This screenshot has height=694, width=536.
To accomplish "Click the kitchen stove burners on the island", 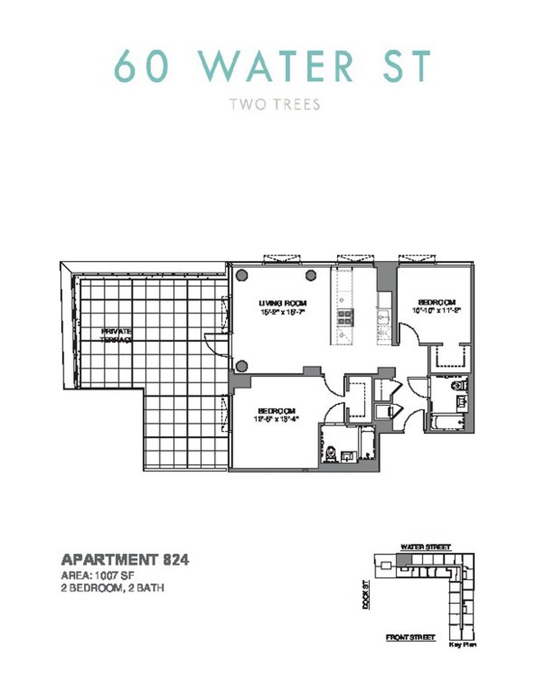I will tap(345, 317).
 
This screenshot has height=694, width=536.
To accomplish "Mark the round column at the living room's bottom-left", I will tap(242, 367).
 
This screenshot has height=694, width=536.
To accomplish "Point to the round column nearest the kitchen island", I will tap(311, 276).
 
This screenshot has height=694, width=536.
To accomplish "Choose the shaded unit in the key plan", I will tap(403, 560).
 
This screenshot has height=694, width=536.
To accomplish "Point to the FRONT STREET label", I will tap(410, 637).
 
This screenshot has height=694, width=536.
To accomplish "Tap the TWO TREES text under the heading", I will tap(274, 105).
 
